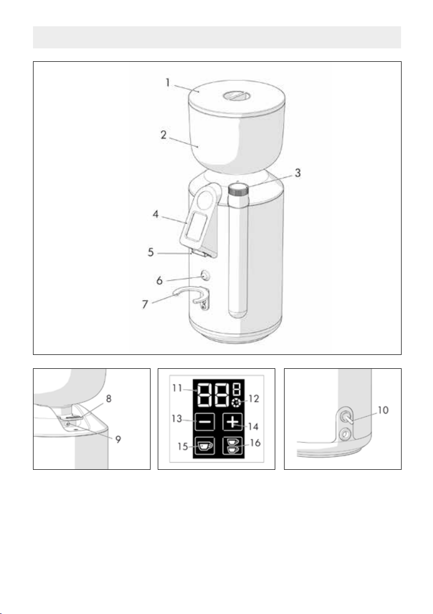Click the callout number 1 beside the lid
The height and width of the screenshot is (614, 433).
(x=168, y=82)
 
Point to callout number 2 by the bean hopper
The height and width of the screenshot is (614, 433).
(x=163, y=135)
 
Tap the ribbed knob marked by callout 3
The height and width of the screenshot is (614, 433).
(x=238, y=190)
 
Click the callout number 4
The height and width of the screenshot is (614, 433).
(x=156, y=215)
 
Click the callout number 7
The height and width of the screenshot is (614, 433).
(x=145, y=304)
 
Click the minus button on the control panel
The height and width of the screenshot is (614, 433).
(x=204, y=423)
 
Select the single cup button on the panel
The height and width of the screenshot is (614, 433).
(x=204, y=446)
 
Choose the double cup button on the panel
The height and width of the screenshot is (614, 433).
(x=233, y=446)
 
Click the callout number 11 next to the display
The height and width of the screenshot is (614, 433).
(x=177, y=388)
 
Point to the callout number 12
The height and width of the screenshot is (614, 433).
(x=254, y=399)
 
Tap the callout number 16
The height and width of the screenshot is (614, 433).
(x=255, y=443)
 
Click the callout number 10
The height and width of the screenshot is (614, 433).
(x=383, y=411)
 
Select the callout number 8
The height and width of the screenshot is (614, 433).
(x=109, y=399)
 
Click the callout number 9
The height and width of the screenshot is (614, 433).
(x=118, y=439)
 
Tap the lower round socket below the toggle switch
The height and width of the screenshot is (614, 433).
(x=345, y=434)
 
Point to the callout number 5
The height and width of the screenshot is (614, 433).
(x=151, y=252)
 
